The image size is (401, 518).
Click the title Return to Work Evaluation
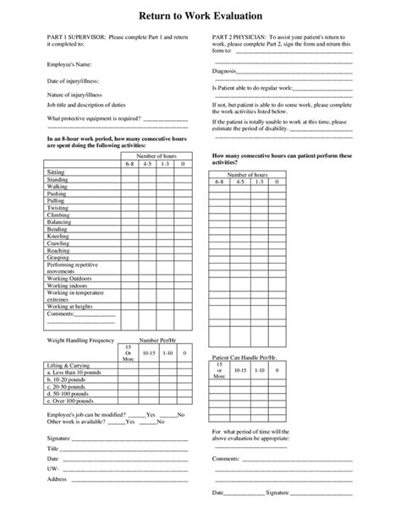click(x=200, y=16)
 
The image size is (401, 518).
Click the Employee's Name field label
click(x=71, y=63)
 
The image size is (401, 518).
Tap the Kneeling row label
click(x=58, y=237)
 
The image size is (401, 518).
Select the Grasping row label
click(x=58, y=259)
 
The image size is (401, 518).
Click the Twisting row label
click(x=58, y=208)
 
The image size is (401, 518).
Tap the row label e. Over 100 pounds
click(x=77, y=401)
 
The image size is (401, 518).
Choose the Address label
click(x=58, y=478)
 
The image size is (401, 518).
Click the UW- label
click(x=53, y=465)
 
